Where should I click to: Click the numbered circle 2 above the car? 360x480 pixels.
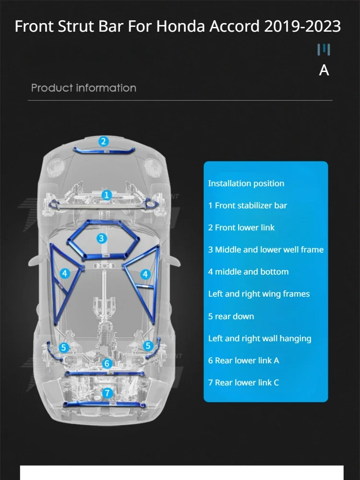103,142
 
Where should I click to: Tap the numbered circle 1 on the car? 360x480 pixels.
107,195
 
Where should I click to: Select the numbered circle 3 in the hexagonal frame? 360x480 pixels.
101,238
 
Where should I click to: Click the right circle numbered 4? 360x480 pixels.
145,274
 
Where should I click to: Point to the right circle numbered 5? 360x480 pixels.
148,345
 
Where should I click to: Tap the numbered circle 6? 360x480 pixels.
108,364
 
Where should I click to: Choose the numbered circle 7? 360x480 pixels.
108,393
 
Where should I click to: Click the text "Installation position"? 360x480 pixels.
246,183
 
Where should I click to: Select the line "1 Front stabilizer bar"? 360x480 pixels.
247,205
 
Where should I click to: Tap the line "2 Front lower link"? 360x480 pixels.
241,228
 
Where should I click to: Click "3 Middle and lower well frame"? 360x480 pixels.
265,250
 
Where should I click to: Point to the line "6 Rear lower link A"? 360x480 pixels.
243,360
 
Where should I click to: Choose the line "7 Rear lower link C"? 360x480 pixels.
243,383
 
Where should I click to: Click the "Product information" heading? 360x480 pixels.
84,88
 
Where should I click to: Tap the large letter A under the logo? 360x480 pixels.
324,70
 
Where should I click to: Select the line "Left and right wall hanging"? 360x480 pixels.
259,338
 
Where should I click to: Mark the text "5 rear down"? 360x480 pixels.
231,316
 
